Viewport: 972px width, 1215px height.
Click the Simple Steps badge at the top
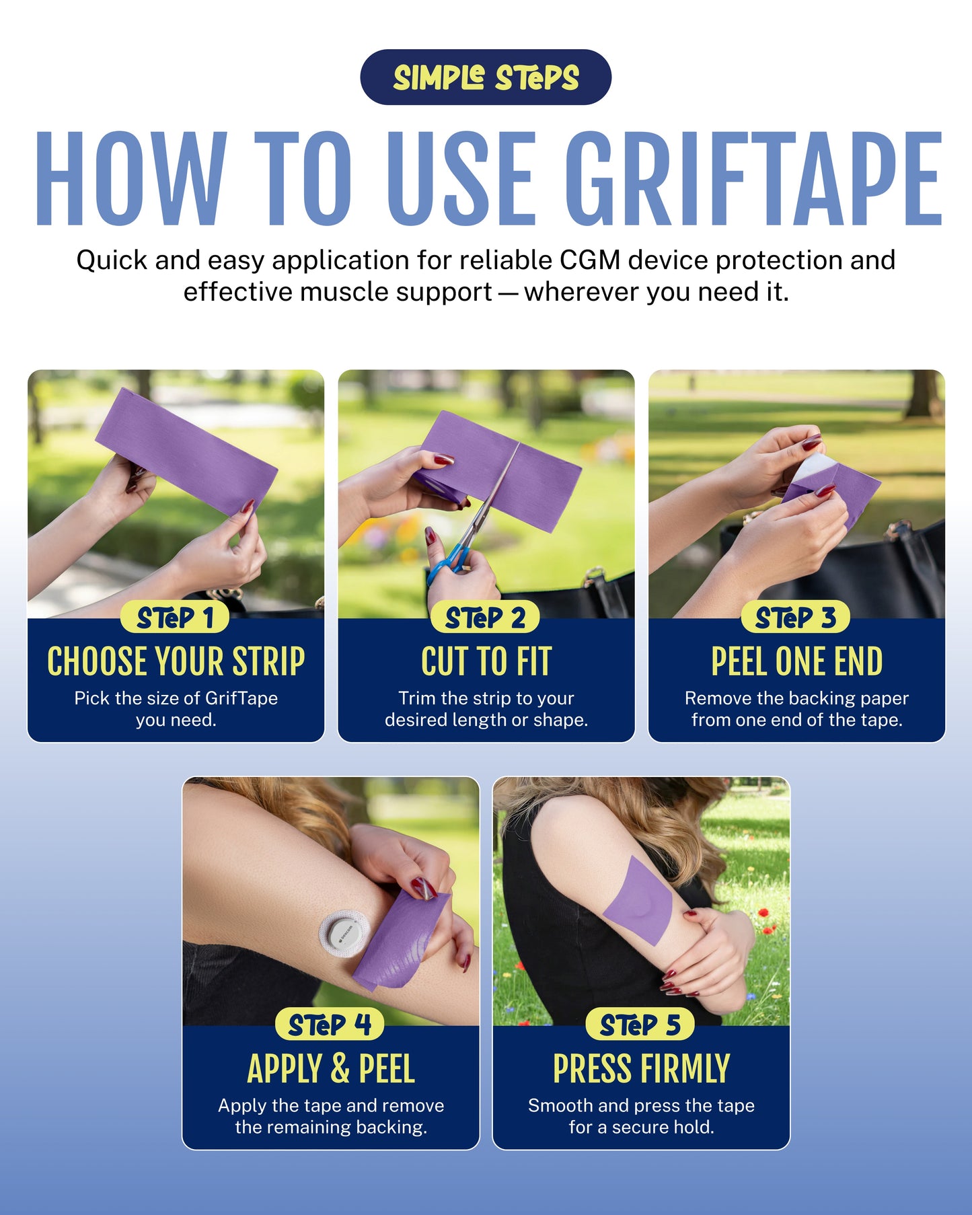click(x=486, y=77)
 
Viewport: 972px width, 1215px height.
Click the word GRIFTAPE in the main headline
click(x=753, y=179)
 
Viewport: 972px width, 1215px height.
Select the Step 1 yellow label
click(x=175, y=618)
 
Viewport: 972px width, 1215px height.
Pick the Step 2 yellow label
click(x=485, y=618)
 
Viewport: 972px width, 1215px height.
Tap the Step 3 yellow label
click(x=795, y=618)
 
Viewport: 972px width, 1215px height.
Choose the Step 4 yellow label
click(x=330, y=1025)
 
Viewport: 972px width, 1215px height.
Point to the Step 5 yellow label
click(x=640, y=1025)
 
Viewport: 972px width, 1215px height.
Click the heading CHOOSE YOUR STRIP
click(x=176, y=661)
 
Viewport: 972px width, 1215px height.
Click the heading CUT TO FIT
click(x=486, y=661)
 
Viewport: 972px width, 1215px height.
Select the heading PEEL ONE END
click(x=796, y=661)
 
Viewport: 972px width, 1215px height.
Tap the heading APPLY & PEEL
click(x=330, y=1069)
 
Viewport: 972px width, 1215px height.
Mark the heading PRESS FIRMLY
click(x=641, y=1069)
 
